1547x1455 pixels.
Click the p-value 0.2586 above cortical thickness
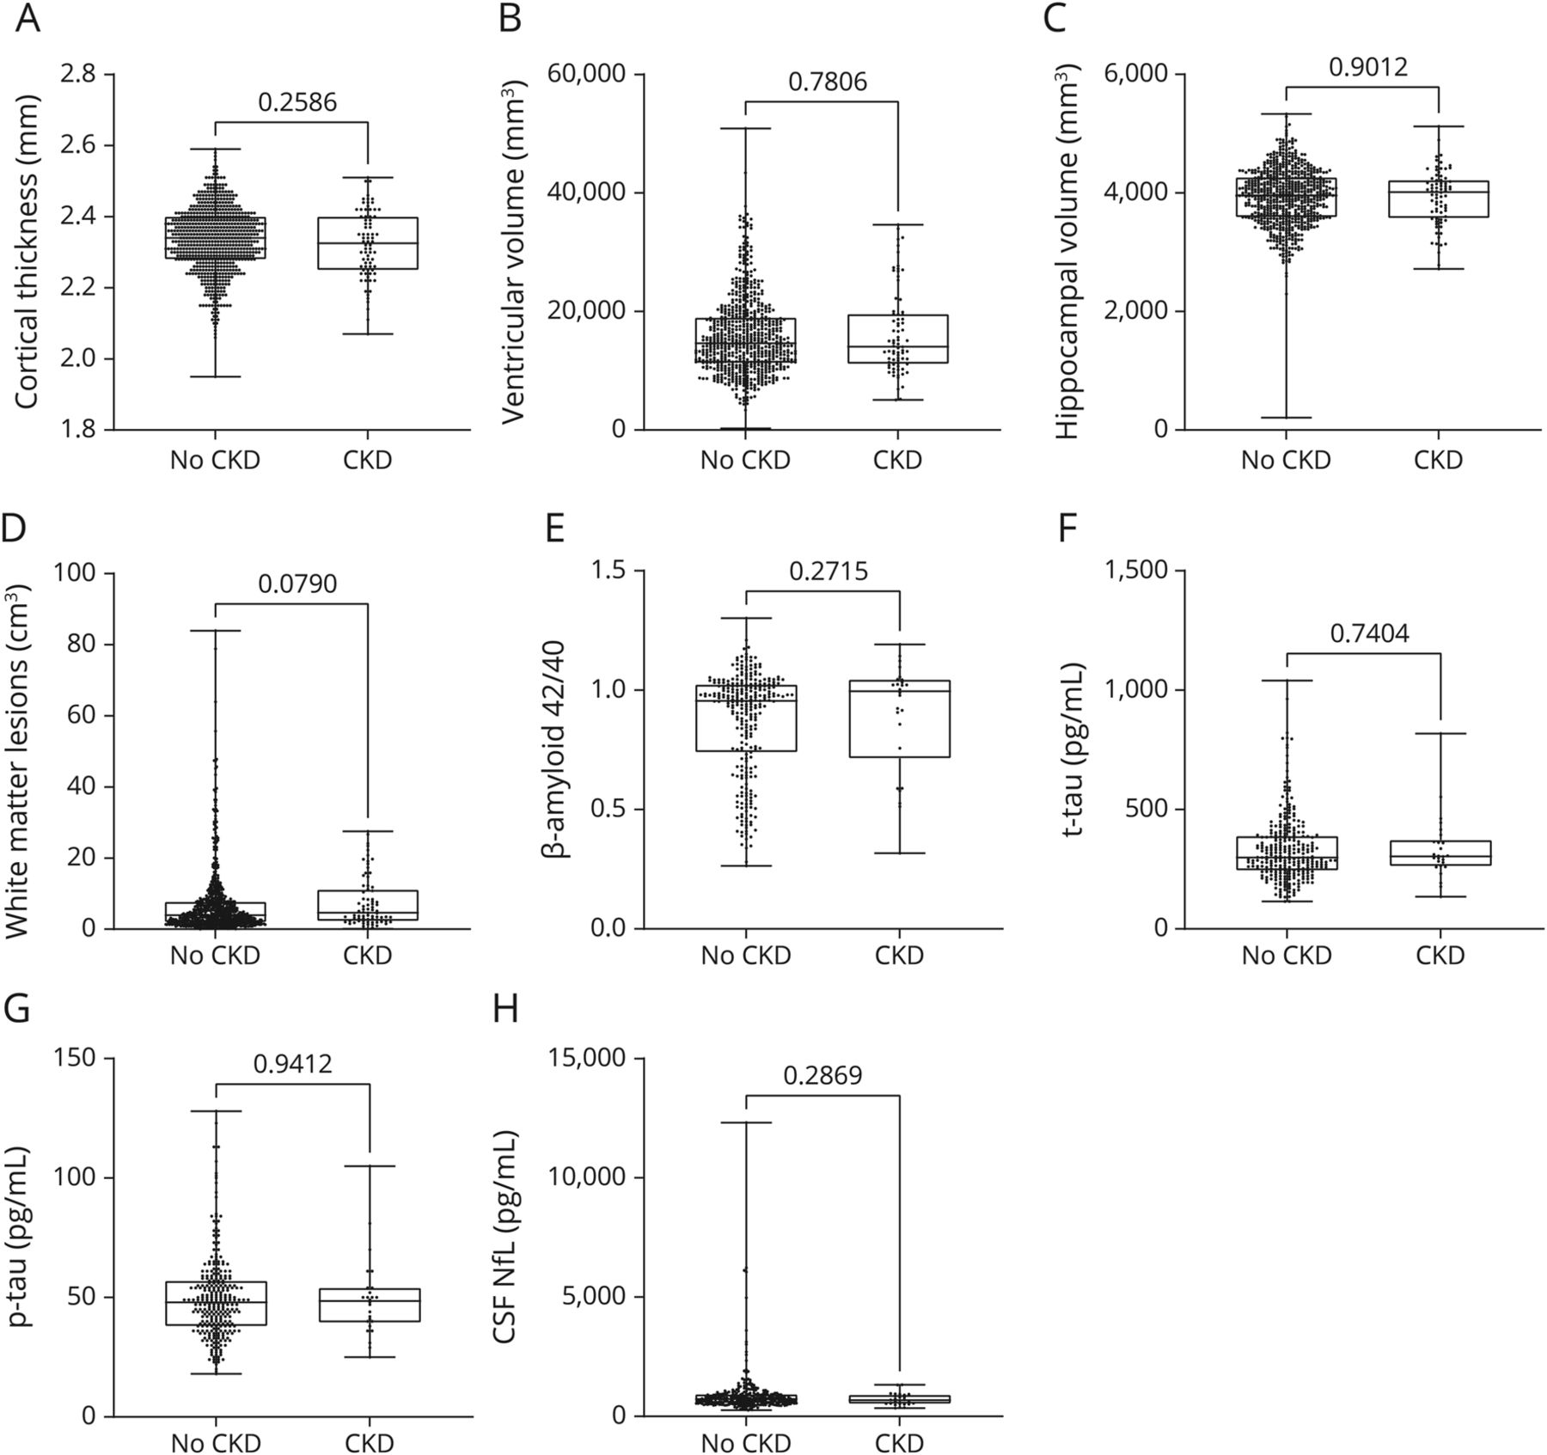[x=297, y=102]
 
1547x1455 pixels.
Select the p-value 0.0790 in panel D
[x=297, y=584]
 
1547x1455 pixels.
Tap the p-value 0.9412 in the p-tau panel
[x=292, y=1065]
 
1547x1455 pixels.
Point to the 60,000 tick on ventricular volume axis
[x=590, y=75]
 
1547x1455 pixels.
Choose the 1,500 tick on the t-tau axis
[x=1130, y=571]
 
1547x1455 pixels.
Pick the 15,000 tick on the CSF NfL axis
[x=590, y=1058]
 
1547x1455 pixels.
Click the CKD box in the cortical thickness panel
[x=368, y=243]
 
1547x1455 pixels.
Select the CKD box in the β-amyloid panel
[x=899, y=718]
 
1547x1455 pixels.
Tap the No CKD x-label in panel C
[x=1286, y=461]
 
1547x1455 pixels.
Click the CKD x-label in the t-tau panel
[x=1440, y=955]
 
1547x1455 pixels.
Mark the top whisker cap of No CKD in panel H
[x=745, y=1122]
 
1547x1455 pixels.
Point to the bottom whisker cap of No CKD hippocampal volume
[x=1286, y=418]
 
